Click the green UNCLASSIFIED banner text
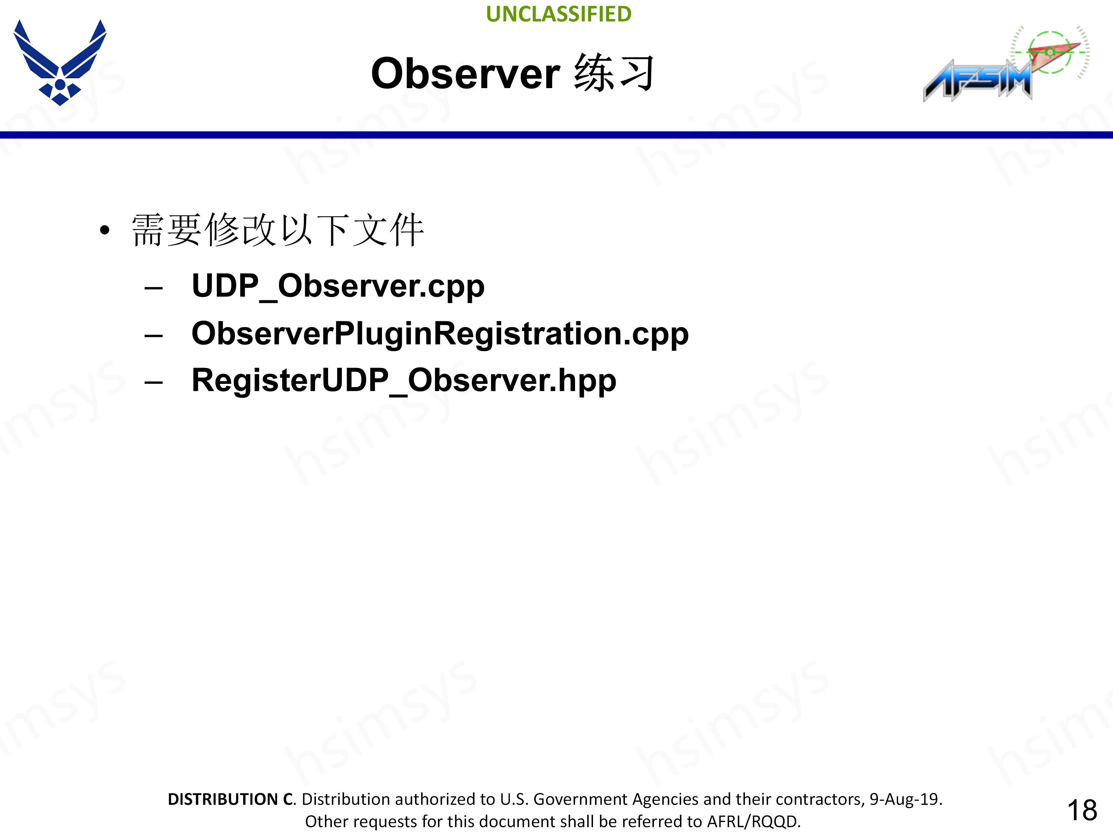coord(559,14)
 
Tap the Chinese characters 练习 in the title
coord(614,73)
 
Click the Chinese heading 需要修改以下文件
coord(278,230)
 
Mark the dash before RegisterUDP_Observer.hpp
coord(153,382)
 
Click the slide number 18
coord(1082,810)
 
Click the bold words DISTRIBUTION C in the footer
coord(231,799)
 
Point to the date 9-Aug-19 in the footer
coord(905,799)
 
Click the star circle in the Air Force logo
coord(60,85)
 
